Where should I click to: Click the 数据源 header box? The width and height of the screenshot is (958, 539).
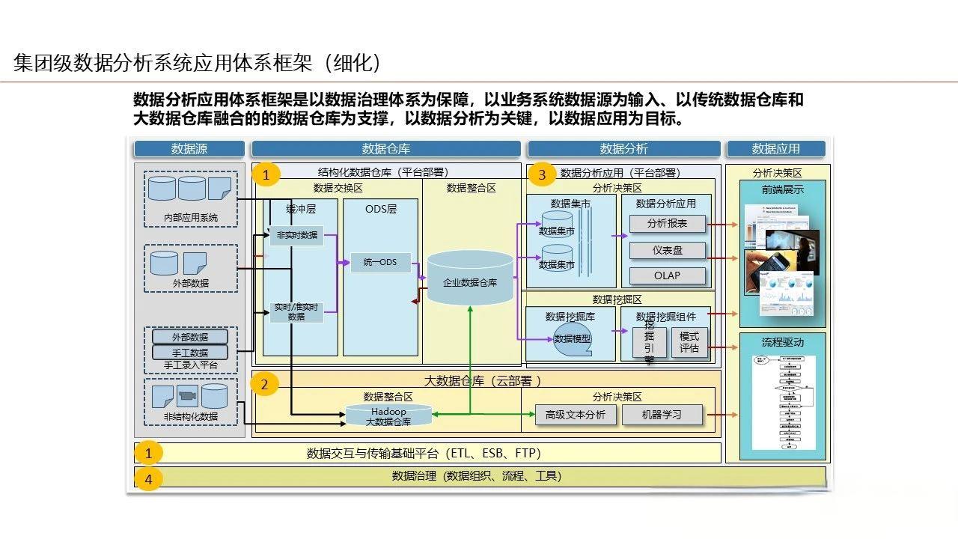189,149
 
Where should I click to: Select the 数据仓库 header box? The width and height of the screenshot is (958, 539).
385,149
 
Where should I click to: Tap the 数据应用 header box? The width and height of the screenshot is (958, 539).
775,149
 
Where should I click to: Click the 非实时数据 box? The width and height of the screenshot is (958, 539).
296,235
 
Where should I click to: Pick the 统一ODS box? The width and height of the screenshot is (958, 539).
380,262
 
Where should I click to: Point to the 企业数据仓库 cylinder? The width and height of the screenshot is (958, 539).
470,278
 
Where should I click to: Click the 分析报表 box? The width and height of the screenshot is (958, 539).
667,223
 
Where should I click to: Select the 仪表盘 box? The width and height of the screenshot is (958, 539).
667,250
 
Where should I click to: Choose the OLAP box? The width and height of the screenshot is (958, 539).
667,275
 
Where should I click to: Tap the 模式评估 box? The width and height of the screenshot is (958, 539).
689,342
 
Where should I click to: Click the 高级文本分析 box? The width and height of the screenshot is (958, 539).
576,414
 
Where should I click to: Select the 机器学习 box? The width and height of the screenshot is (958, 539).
662,414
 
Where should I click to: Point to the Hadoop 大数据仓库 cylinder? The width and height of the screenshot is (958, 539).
388,416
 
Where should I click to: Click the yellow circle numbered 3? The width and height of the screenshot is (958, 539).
542,175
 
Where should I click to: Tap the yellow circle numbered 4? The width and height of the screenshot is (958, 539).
148,478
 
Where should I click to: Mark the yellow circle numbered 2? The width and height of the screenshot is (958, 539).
264,385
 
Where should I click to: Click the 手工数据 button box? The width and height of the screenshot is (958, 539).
189,352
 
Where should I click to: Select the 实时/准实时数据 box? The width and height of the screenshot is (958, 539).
296,311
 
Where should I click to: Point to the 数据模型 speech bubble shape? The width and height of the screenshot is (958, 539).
573,338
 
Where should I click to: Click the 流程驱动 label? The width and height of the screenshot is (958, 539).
782,342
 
